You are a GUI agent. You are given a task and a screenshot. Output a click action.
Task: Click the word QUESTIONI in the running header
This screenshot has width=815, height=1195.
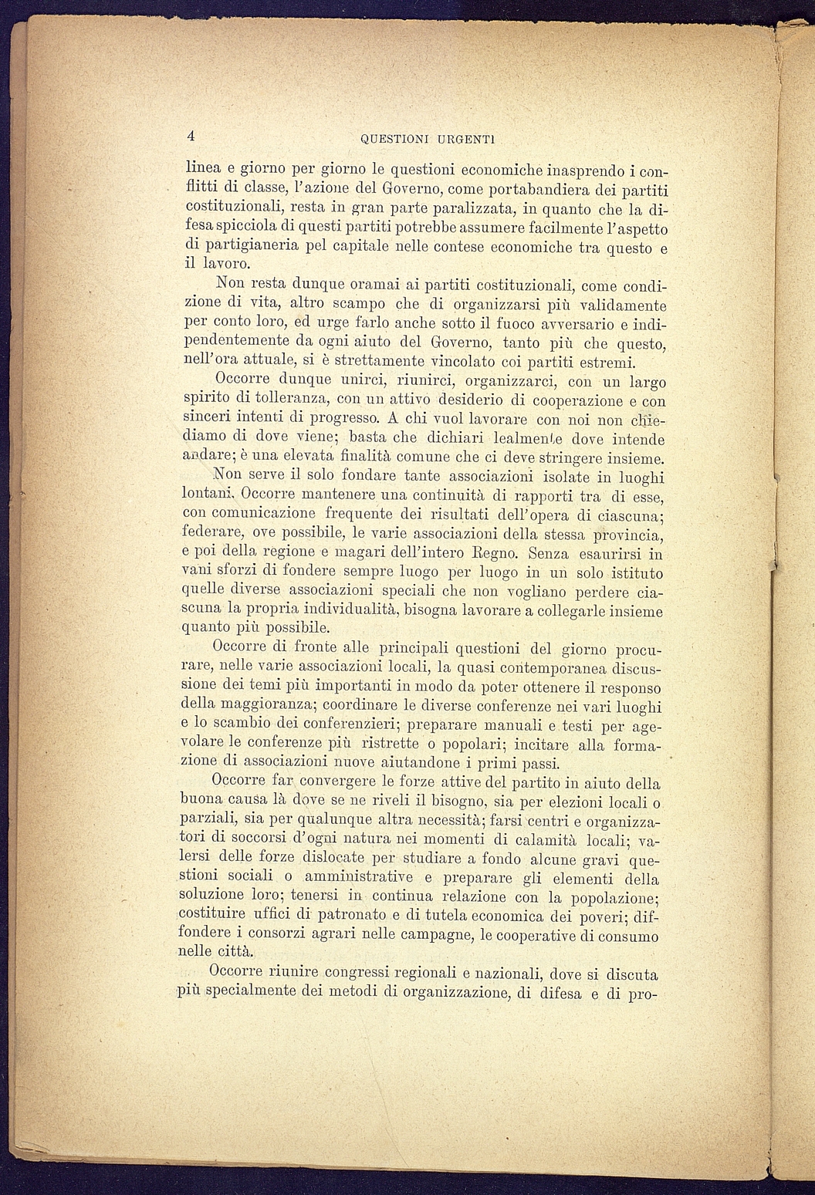tap(392, 140)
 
